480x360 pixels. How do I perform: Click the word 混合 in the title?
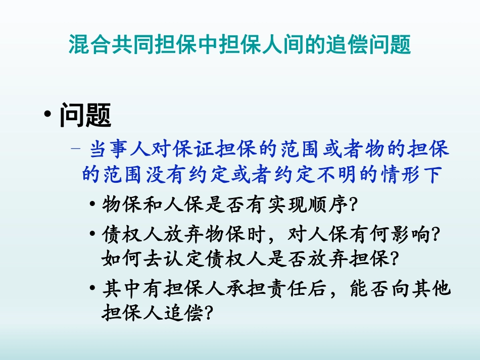point(90,44)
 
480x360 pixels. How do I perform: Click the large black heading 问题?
point(85,115)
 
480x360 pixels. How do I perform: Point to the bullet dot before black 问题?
point(47,114)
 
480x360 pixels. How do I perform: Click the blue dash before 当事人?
point(76,148)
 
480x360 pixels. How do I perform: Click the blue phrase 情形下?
point(411,175)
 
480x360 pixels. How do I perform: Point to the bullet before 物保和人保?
point(92,203)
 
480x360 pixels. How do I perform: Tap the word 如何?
point(122,259)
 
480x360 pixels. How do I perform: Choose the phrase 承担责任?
point(266,288)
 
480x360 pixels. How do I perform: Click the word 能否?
point(370,288)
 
